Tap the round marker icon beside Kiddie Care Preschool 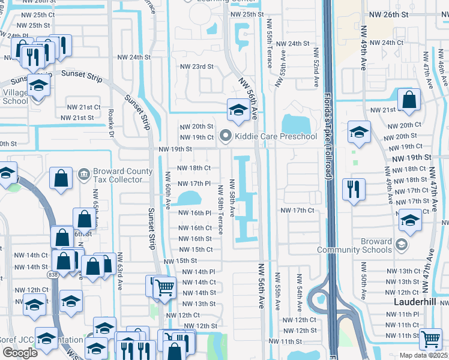[226, 136]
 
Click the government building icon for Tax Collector [83, 175]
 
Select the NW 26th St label [388, 14]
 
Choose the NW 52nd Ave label [314, 67]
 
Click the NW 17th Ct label [298, 210]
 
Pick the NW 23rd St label [198, 67]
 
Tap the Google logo [20, 353]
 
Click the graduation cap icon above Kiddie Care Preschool [238, 109]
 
